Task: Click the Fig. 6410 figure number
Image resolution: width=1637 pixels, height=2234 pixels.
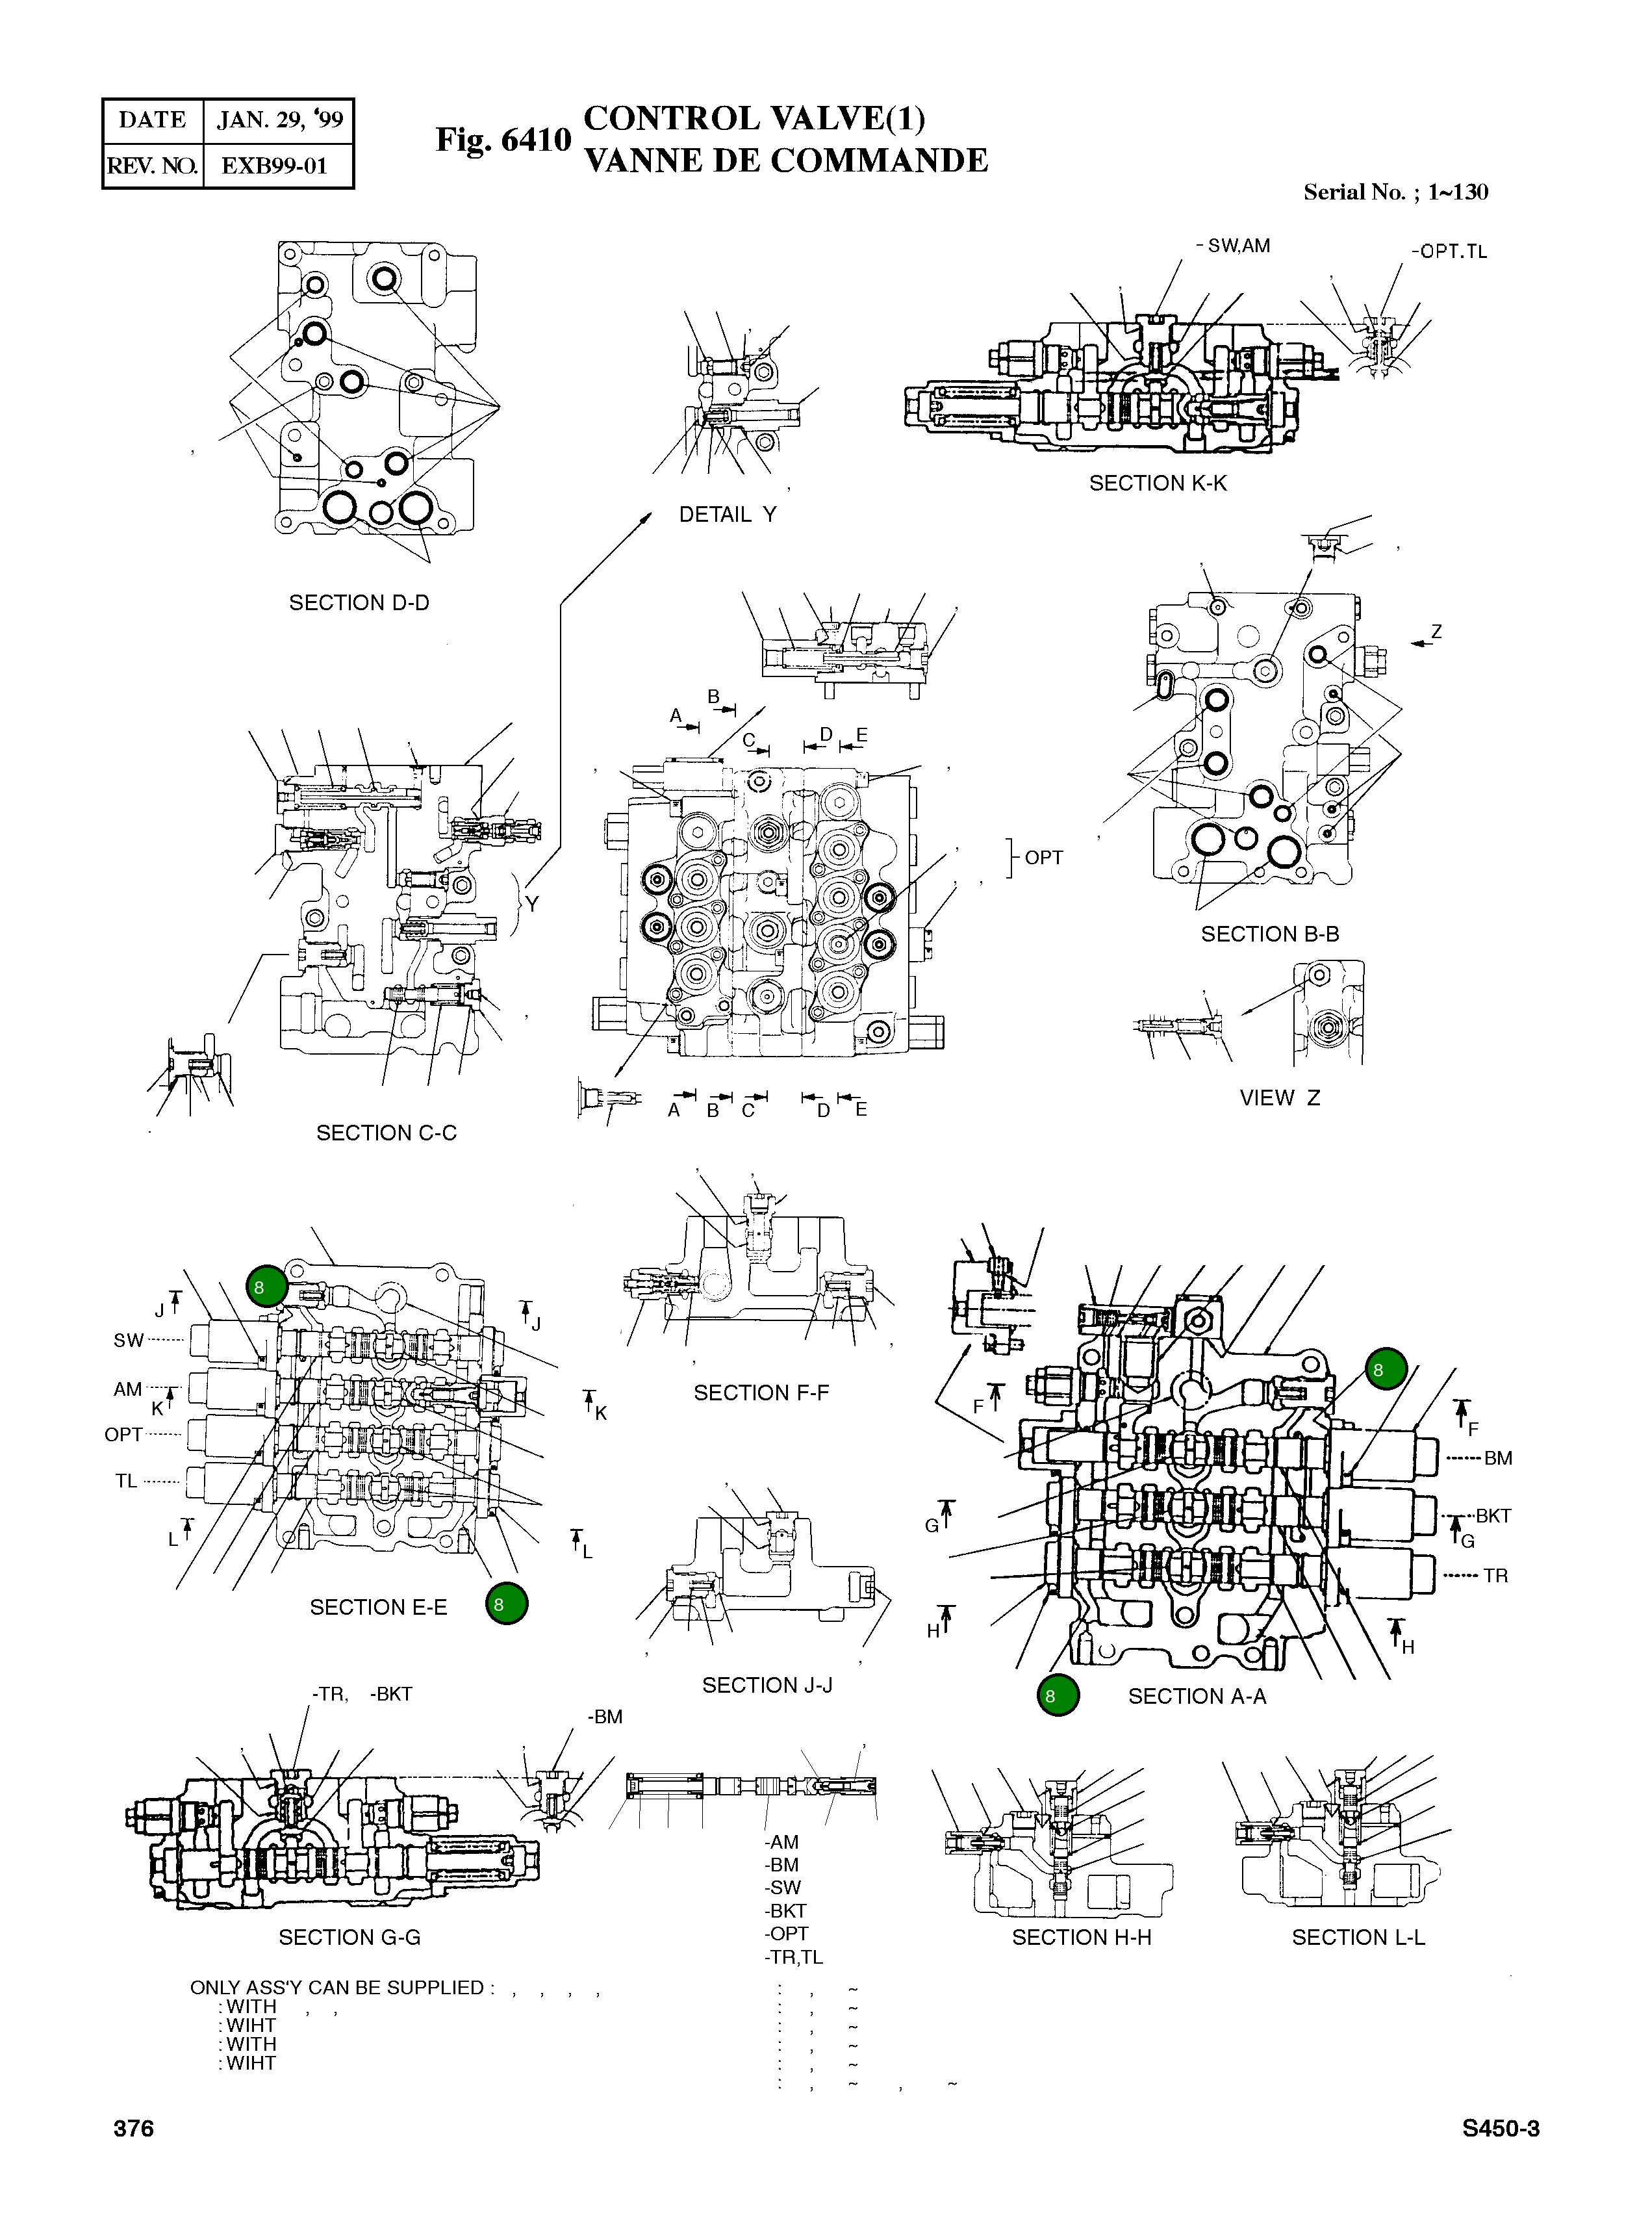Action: tap(503, 140)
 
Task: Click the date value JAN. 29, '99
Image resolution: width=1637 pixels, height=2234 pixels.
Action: tap(279, 120)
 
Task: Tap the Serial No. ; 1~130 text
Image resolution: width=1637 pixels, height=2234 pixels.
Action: tap(1395, 192)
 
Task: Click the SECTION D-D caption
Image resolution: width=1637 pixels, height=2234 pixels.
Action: tap(359, 602)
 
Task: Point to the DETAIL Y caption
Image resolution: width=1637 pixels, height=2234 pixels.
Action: tap(728, 515)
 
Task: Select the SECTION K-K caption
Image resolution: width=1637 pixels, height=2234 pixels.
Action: tap(1158, 483)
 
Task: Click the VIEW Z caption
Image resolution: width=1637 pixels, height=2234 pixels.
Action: tap(1279, 1097)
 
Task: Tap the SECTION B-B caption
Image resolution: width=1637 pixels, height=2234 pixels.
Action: tap(1269, 934)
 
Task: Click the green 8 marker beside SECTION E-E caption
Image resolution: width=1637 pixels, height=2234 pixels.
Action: tap(506, 1604)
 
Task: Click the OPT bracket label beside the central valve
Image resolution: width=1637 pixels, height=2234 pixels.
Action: tap(1043, 857)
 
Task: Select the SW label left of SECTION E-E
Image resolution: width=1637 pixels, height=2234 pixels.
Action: tap(128, 1340)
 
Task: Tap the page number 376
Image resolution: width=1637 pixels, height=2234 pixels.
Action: tap(134, 2128)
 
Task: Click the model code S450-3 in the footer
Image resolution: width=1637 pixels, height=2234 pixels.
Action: tap(1500, 2128)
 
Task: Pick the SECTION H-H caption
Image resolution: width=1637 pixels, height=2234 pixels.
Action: tap(1081, 1936)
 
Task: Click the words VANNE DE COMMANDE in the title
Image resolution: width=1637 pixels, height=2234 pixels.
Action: tap(786, 160)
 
